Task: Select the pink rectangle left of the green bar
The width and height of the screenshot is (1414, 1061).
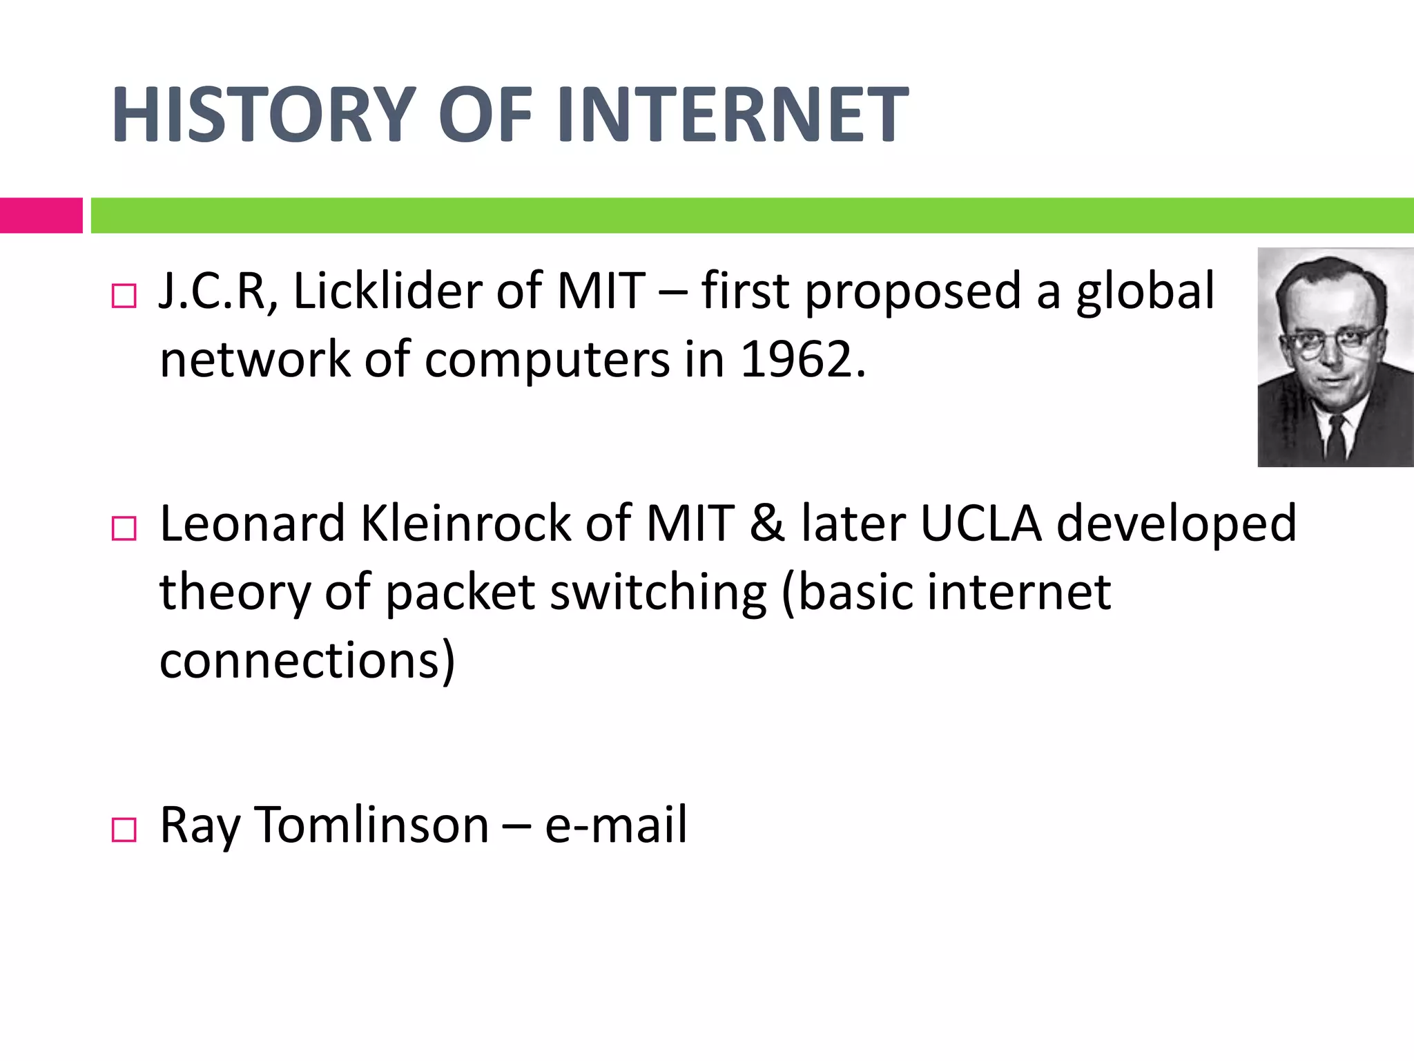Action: pos(41,216)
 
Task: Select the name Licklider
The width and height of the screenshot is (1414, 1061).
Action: pos(387,291)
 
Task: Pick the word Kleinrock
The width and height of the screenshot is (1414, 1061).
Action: pos(465,524)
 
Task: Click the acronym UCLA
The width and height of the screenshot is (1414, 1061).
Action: pos(980,524)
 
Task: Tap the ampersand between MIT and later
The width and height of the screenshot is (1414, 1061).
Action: pos(767,524)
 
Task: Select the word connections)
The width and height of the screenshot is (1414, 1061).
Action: pos(307,660)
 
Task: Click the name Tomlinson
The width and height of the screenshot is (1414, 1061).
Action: pos(372,825)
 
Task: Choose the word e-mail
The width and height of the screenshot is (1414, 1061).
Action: pos(615,825)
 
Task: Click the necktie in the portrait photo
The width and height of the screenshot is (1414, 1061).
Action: pos(1336,439)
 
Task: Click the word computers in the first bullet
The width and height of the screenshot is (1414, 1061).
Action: pos(547,360)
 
